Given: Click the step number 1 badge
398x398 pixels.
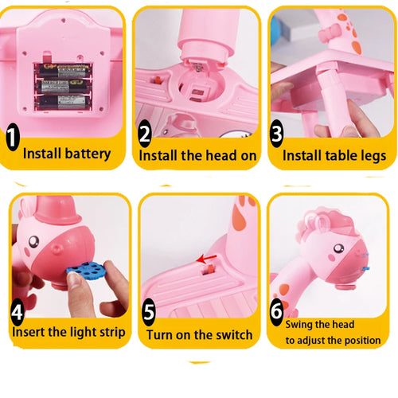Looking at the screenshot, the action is pyautogui.click(x=13, y=137).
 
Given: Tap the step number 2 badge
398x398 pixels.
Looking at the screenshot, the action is pyautogui.click(x=145, y=134).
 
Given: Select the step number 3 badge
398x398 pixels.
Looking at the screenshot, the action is pyautogui.click(x=277, y=134).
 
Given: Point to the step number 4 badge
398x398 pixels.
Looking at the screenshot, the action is pyautogui.click(x=18, y=312).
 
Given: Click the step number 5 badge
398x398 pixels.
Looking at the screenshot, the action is pyautogui.click(x=149, y=312).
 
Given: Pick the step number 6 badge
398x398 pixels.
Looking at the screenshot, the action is pyautogui.click(x=276, y=311).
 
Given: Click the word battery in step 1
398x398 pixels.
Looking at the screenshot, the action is pyautogui.click(x=88, y=154).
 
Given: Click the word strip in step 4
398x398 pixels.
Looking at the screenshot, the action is pyautogui.click(x=112, y=333).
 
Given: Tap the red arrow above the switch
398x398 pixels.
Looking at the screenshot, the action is pyautogui.click(x=207, y=259).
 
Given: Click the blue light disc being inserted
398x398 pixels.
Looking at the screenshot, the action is pyautogui.click(x=85, y=269).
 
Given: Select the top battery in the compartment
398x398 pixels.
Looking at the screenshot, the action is pyautogui.click(x=63, y=71).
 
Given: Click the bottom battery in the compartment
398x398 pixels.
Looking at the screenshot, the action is pyautogui.click(x=62, y=103).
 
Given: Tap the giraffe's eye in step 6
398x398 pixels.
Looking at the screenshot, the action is pyautogui.click(x=338, y=248).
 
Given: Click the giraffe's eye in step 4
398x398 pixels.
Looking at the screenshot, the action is pyautogui.click(x=34, y=242).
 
